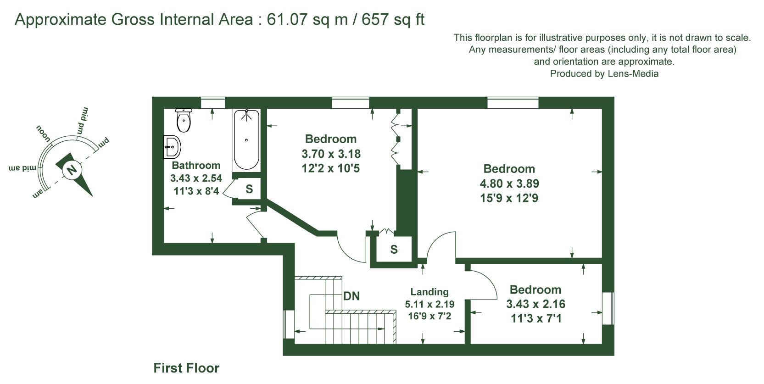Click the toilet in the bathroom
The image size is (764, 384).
pyautogui.click(x=184, y=120)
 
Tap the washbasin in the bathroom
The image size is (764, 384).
pyautogui.click(x=172, y=147)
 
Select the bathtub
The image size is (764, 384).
pyautogui.click(x=246, y=140)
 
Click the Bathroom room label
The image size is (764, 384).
pyautogui.click(x=196, y=166)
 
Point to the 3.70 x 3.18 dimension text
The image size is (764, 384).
pyautogui.click(x=331, y=154)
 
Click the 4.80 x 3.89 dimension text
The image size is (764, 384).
pyautogui.click(x=509, y=184)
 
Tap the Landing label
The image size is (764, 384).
pyautogui.click(x=429, y=292)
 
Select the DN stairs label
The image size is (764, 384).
pyautogui.click(x=351, y=296)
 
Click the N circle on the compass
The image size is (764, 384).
pyautogui.click(x=72, y=169)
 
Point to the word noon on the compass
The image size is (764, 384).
pyautogui.click(x=43, y=134)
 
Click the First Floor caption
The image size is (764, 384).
pyautogui.click(x=186, y=368)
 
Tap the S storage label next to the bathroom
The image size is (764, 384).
pyautogui.click(x=249, y=189)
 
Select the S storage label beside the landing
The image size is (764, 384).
pyautogui.click(x=394, y=250)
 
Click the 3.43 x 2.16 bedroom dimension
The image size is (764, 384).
pyautogui.click(x=535, y=304)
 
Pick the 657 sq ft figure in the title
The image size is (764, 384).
pyautogui.click(x=393, y=19)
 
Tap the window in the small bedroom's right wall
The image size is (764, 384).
pyautogui.click(x=608, y=308)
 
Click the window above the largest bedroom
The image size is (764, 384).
pyautogui.click(x=513, y=103)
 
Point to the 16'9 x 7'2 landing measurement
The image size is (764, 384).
pyautogui.click(x=429, y=316)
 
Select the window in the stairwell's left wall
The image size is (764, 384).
pyautogui.click(x=289, y=324)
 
